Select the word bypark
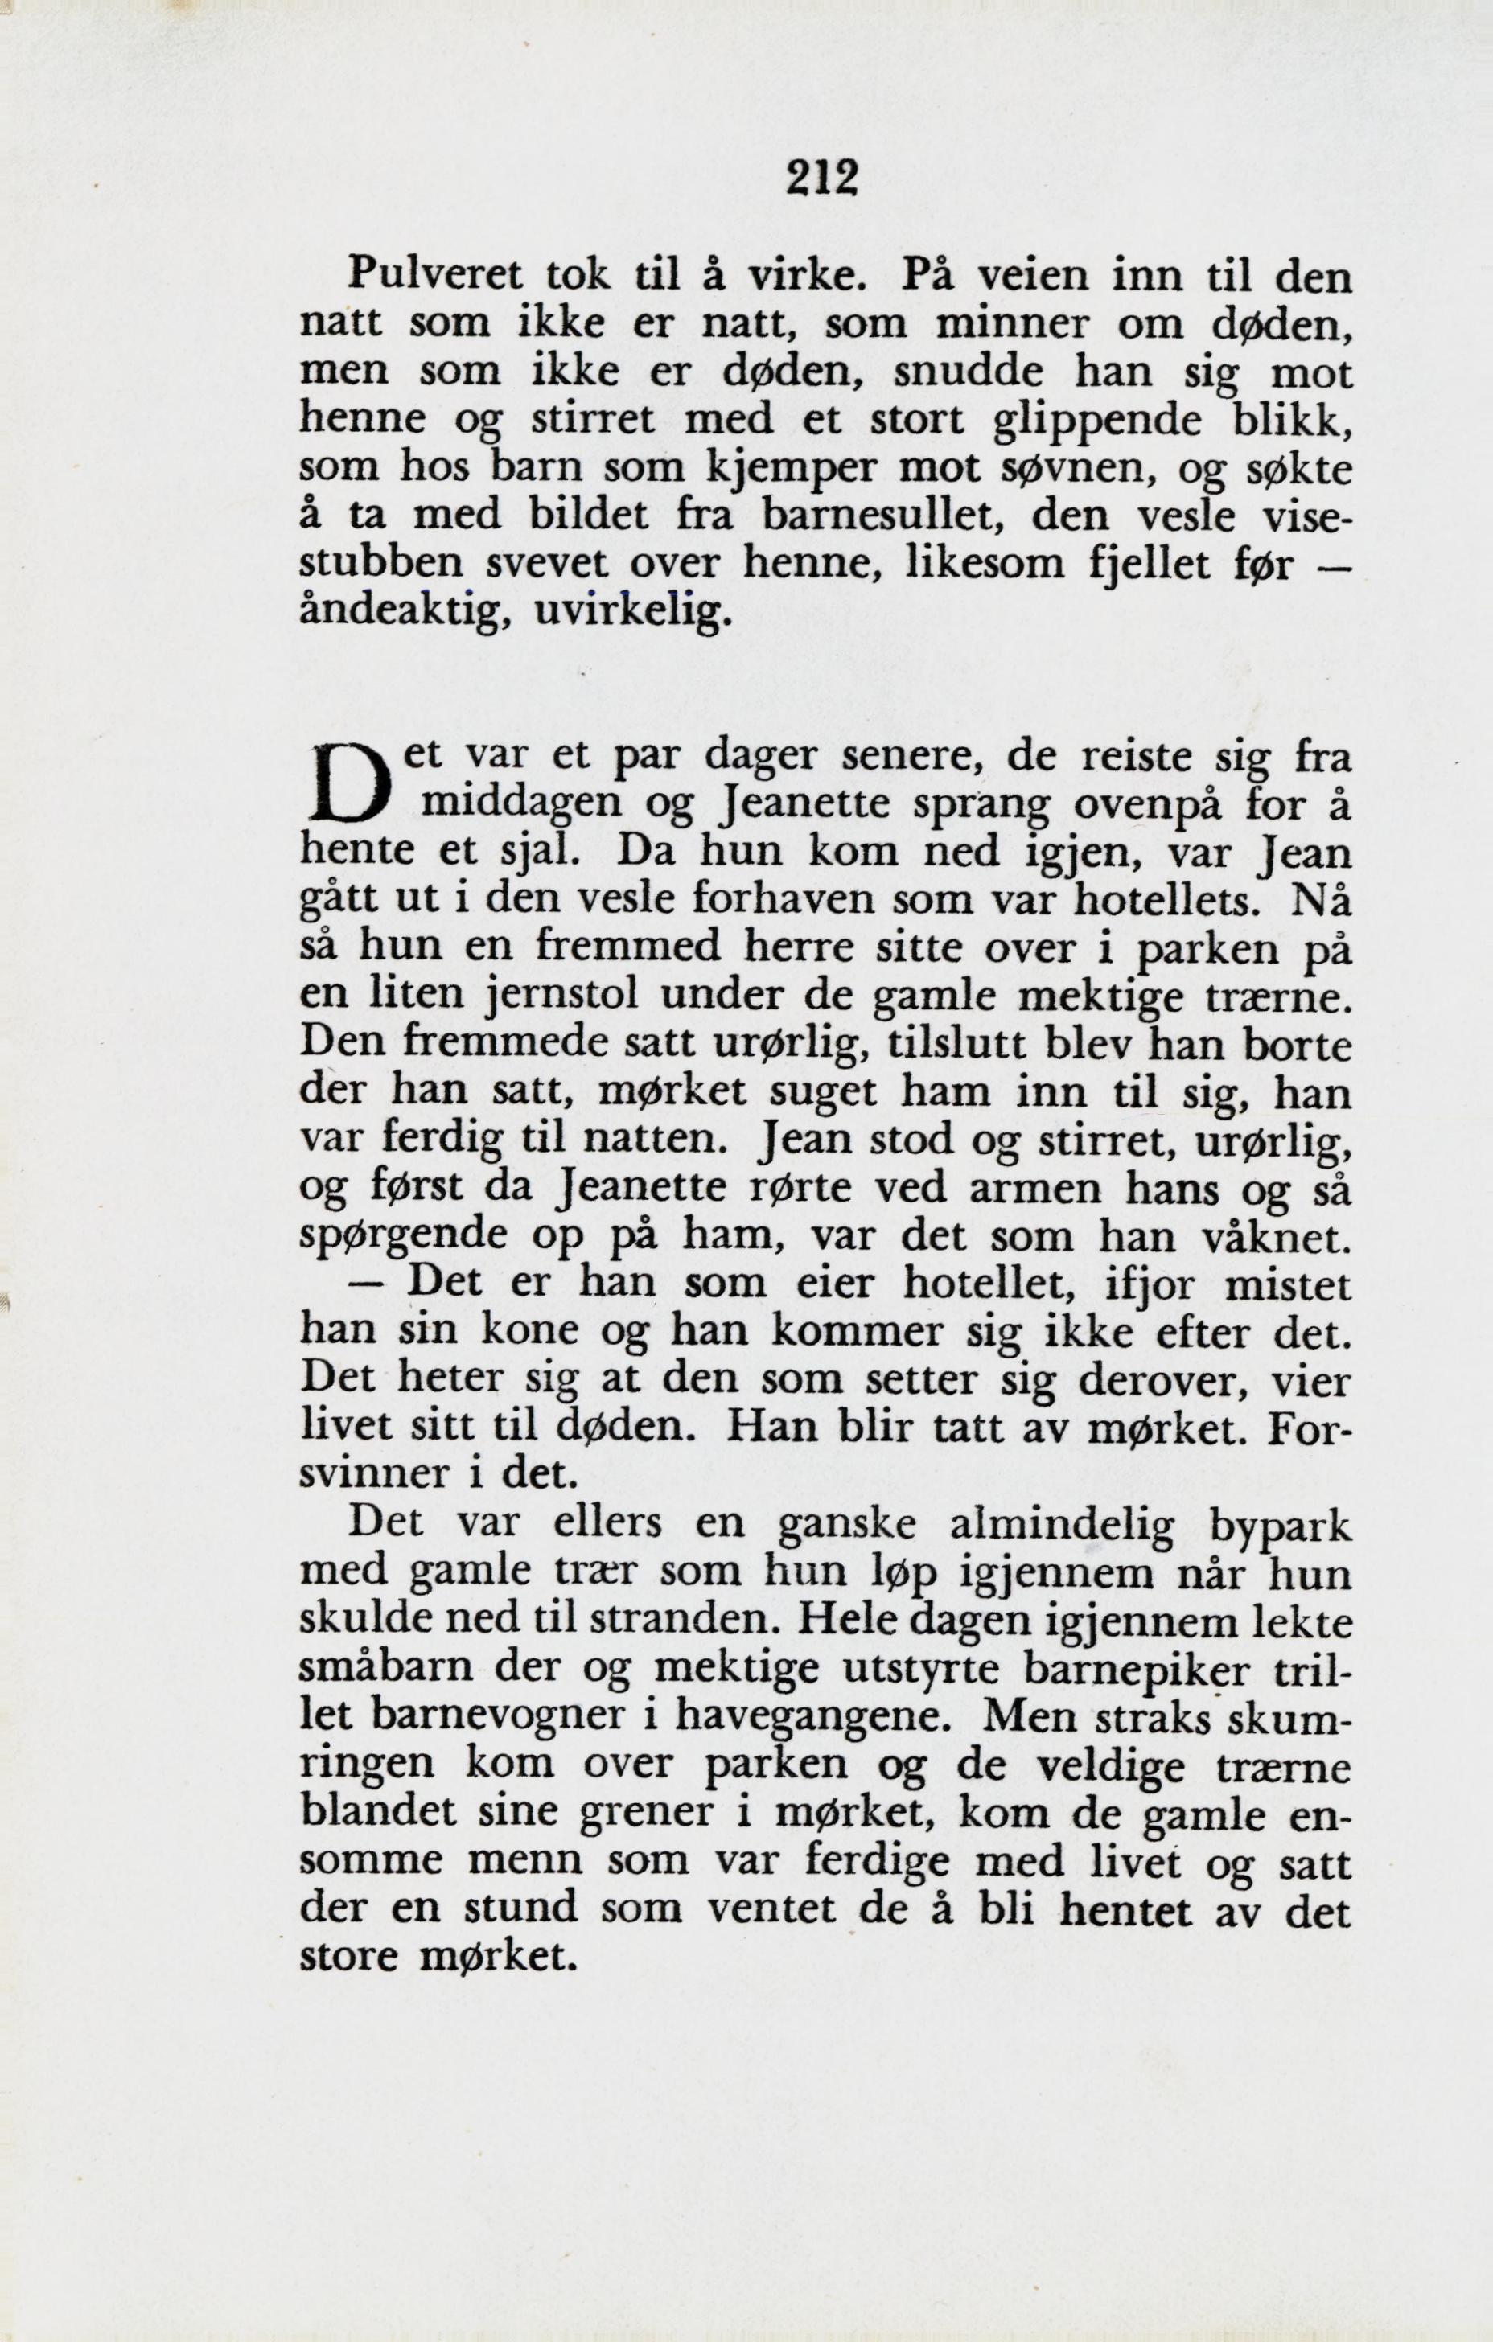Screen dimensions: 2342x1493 point(1279,1526)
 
